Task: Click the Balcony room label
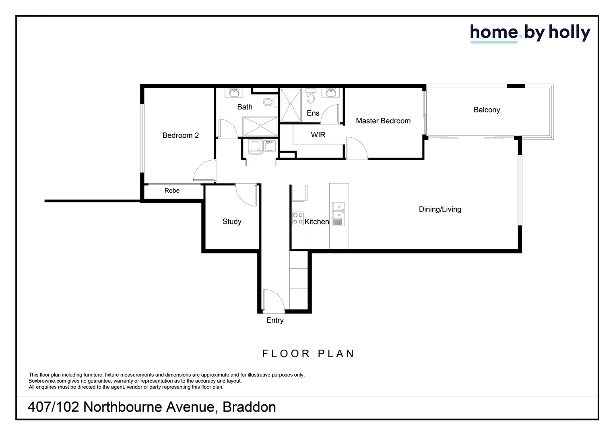point(487,110)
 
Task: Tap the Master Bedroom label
point(383,121)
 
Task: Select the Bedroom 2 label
point(180,135)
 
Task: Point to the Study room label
point(232,222)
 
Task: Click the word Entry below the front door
point(275,320)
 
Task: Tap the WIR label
point(318,135)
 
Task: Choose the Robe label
point(172,191)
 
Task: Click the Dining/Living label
point(440,209)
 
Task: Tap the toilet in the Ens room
point(310,96)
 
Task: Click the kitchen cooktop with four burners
point(298,219)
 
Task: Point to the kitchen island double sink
point(338,211)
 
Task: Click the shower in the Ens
point(291,105)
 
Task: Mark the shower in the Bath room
point(260,126)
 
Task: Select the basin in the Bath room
point(234,93)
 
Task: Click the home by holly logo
point(530,33)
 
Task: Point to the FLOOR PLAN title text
point(308,354)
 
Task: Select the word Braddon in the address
point(249,407)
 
